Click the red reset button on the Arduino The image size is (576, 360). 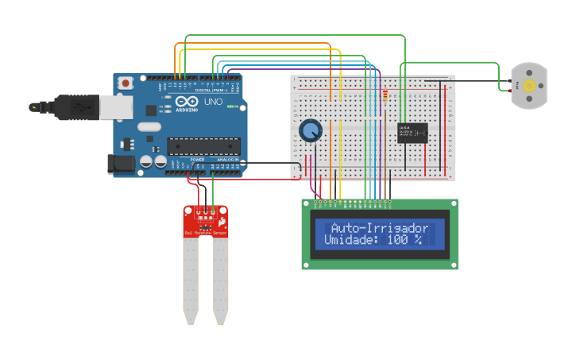tap(125, 83)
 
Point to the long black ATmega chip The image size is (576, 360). tap(203, 145)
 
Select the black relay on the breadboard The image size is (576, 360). tap(413, 133)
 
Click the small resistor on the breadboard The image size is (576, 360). tap(385, 97)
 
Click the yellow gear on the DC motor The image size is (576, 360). tap(528, 85)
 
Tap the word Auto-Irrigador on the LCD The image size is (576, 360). tap(379, 228)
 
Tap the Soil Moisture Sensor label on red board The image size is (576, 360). tap(205, 233)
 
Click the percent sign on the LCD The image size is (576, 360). tap(417, 239)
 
